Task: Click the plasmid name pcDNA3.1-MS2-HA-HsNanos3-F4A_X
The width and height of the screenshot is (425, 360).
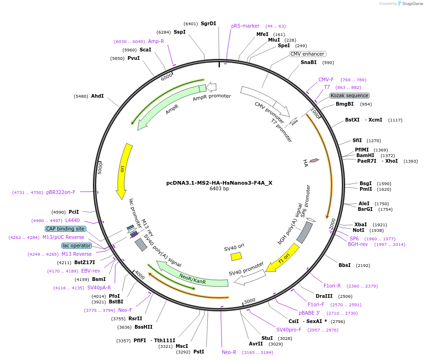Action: coord(219,183)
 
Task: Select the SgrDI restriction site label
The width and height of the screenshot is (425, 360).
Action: coord(208,23)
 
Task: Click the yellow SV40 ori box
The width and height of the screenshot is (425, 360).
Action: coord(236,256)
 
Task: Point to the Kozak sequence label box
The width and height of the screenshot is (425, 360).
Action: coord(349,95)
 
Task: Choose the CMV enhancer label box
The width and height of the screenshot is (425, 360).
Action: coord(307,54)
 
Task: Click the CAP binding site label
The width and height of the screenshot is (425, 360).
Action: coord(65,229)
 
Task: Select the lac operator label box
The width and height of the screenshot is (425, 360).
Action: coord(77,245)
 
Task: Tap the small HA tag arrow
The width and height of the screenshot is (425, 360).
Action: coord(314,160)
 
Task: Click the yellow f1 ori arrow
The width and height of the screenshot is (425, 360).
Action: coord(283,258)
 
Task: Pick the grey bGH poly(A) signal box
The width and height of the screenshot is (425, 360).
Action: coord(305,232)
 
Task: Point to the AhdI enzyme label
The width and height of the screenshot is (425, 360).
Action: coord(97,96)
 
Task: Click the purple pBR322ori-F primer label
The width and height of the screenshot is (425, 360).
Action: coord(61,192)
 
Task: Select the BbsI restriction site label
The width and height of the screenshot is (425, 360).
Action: coord(345,265)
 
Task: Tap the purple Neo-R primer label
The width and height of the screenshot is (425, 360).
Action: coord(229,352)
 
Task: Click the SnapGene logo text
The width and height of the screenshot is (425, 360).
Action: coord(412,3)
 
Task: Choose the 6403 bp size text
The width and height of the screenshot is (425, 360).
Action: coord(219,189)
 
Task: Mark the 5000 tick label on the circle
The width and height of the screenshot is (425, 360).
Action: coord(99,168)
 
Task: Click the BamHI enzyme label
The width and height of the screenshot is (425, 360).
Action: coord(365,155)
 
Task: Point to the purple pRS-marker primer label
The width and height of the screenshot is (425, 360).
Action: coord(245,26)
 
